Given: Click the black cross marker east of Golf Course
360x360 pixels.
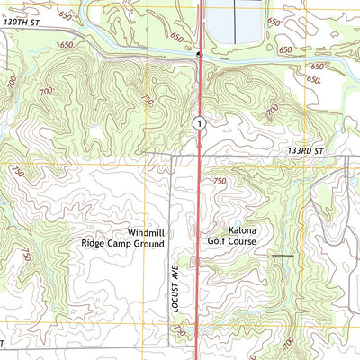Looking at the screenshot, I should click(x=283, y=256).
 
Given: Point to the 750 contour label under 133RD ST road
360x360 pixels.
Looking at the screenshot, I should click(x=220, y=182).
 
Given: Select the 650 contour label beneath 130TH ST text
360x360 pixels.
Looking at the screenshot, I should click(x=65, y=44).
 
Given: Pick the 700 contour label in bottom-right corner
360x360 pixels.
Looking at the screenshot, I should click(x=288, y=343).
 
